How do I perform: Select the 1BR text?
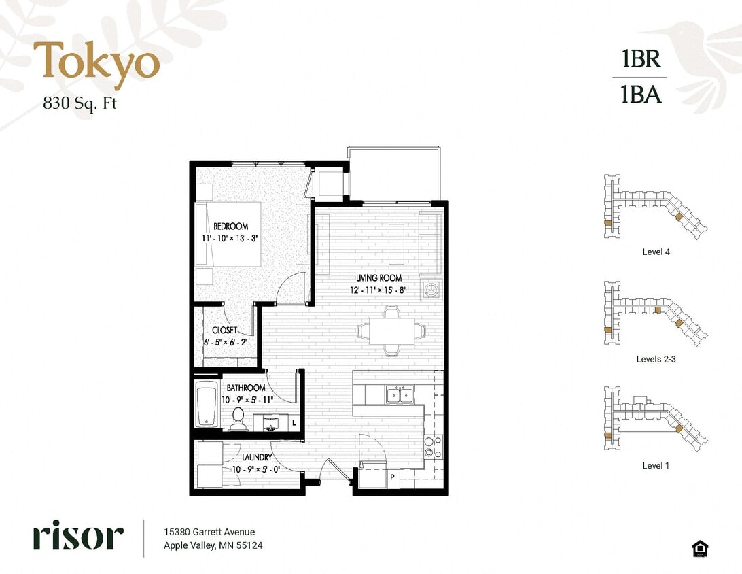(641, 59)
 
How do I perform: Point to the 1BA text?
(641, 94)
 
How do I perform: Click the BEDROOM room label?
(230, 226)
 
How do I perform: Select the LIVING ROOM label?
(378, 278)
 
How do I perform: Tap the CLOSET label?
(224, 331)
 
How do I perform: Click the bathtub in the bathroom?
(207, 405)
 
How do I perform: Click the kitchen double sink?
(399, 395)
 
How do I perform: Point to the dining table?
(391, 331)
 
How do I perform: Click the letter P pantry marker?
(392, 477)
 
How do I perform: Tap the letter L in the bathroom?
(294, 423)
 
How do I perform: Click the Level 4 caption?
(656, 252)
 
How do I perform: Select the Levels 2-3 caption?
(656, 359)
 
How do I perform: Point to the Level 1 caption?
(656, 466)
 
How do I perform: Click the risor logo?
(78, 537)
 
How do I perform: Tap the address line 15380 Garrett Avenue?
(209, 532)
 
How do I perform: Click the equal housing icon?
(698, 548)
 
